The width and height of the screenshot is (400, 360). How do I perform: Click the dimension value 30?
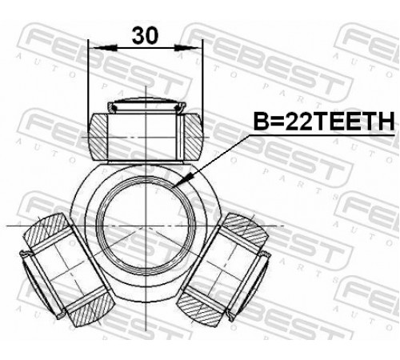pyautogui.click(x=145, y=35)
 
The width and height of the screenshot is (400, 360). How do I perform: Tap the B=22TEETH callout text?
pyautogui.click(x=323, y=121)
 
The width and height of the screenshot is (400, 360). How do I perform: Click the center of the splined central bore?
pyautogui.click(x=146, y=226)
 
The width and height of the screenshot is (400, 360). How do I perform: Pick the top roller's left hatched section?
pyautogui.click(x=98, y=137)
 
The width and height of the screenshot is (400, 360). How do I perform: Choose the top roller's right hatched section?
pyautogui.click(x=193, y=137)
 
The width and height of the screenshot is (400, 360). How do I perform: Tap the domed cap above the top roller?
pyautogui.click(x=146, y=105)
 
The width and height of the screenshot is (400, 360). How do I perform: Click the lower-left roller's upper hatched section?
pyautogui.click(x=47, y=230)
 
